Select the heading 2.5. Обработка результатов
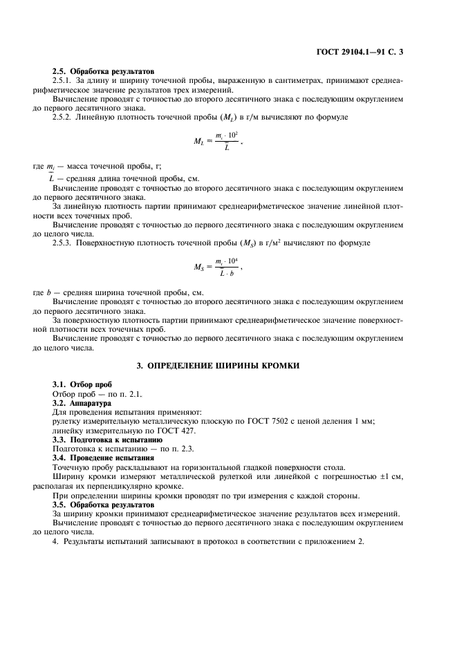pos(104,72)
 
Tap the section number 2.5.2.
pos(64,117)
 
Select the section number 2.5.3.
pos(64,243)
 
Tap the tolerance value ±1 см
pos(389,476)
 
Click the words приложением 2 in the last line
pos(335,542)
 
